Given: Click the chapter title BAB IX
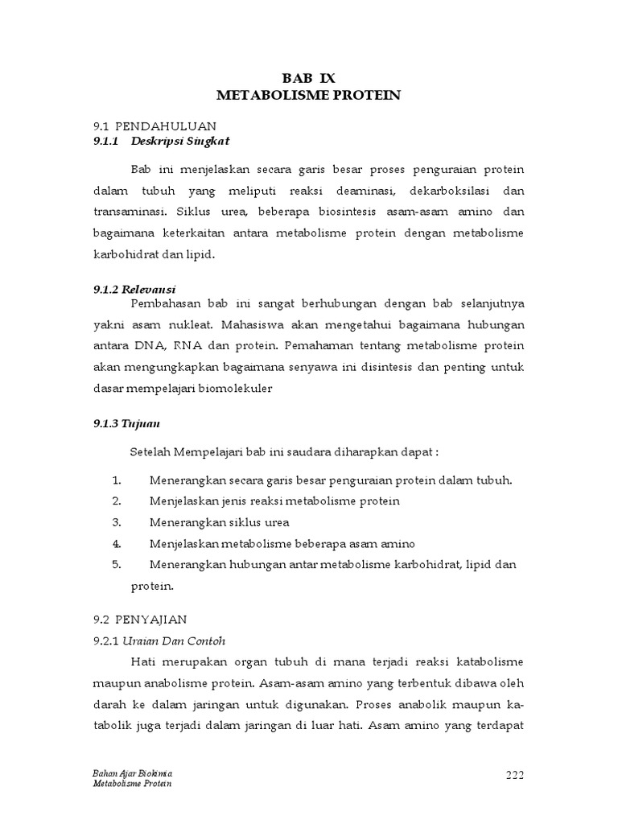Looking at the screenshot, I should point(308,78).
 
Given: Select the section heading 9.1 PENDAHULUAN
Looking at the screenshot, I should point(155,126).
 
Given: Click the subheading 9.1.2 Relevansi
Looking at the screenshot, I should point(135,289).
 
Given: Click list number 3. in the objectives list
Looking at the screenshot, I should point(117,521).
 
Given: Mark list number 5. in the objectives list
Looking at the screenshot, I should point(117,564).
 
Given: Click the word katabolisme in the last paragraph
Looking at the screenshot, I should point(490,661).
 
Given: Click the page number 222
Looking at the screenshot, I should point(515,775).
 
